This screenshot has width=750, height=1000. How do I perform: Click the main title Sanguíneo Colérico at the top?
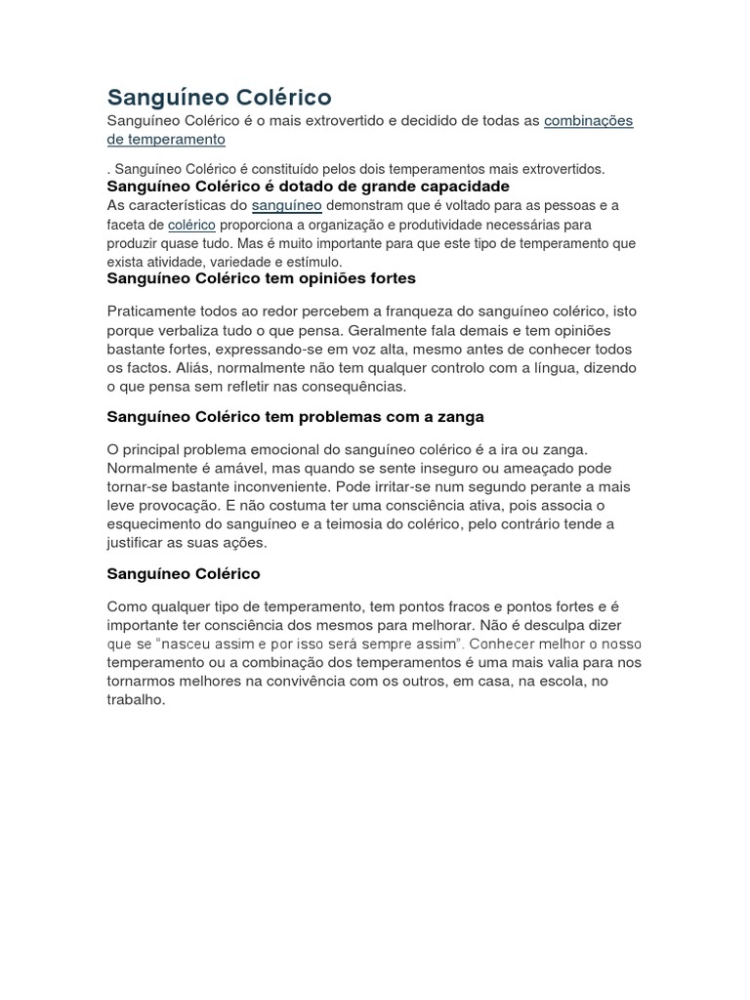[x=219, y=97]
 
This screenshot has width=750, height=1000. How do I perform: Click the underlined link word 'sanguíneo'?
[x=286, y=205]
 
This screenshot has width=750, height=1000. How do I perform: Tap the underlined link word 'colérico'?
[x=191, y=225]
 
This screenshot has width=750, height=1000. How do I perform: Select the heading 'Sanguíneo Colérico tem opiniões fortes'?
[x=261, y=278]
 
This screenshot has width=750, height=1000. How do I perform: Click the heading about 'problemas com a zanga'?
[x=295, y=417]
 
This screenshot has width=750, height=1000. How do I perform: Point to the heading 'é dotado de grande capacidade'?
[x=308, y=186]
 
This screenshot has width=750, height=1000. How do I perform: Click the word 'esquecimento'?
[x=154, y=524]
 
